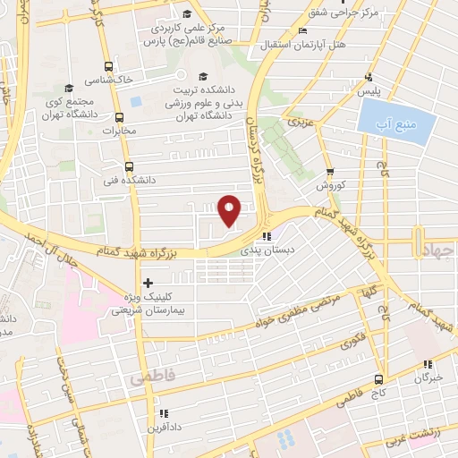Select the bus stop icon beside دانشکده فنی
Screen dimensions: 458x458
(129, 166)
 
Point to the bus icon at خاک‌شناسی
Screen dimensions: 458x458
(109, 66)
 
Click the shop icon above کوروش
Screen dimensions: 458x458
(330, 173)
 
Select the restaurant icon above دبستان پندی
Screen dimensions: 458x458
(266, 237)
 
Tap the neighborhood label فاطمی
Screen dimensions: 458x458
(149, 379)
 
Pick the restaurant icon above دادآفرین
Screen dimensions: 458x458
(163, 413)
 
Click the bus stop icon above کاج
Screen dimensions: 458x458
(378, 378)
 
